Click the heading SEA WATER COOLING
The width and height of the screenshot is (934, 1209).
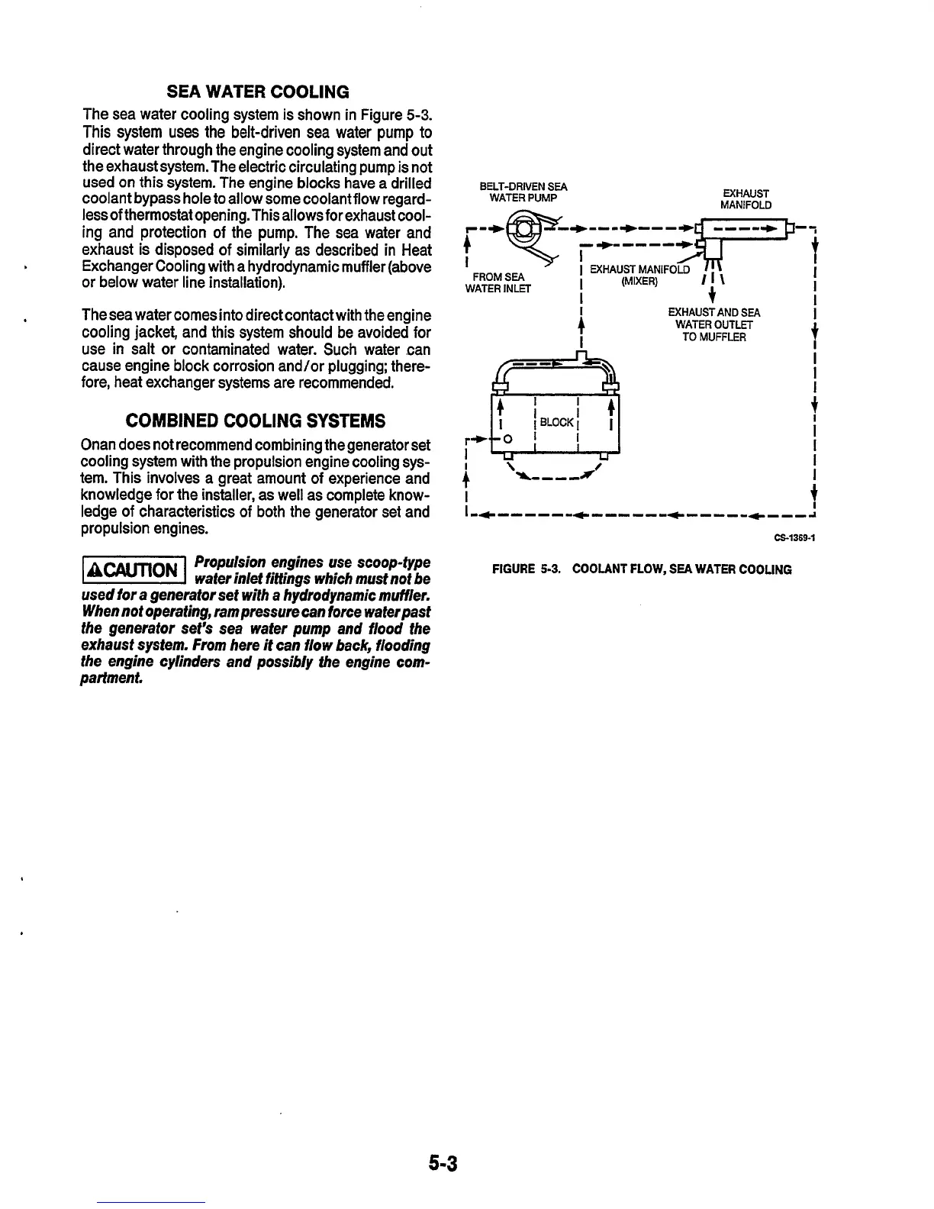[258, 92]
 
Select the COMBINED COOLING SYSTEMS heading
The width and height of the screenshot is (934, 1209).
[255, 421]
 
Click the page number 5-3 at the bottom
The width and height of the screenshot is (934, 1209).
[442, 1163]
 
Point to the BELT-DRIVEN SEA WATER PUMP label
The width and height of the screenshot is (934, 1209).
[523, 192]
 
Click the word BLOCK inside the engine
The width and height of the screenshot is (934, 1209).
[556, 422]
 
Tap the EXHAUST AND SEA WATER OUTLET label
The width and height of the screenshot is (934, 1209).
[714, 324]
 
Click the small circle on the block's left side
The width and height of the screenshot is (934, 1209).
[507, 438]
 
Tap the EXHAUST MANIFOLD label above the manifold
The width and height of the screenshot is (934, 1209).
[746, 199]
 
